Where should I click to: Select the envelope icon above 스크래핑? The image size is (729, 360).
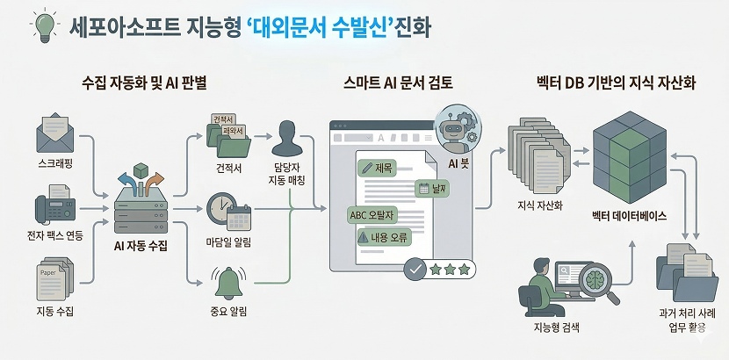(x=55, y=135)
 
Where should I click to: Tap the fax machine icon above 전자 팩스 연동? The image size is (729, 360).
(x=54, y=207)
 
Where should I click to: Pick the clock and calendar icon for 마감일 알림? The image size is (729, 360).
(x=227, y=212)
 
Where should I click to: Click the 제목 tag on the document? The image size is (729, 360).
(x=379, y=167)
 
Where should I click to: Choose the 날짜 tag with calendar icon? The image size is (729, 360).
(x=434, y=188)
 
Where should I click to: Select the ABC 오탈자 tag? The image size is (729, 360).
(x=373, y=213)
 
